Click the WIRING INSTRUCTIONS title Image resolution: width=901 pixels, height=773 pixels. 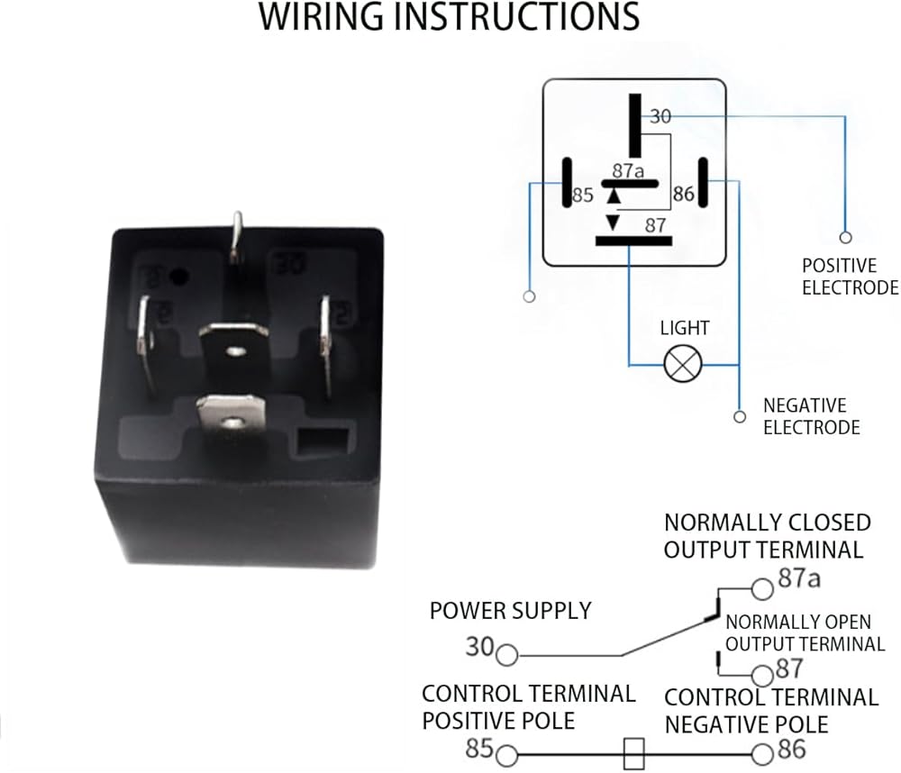450,18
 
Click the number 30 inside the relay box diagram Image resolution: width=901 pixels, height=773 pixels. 661,117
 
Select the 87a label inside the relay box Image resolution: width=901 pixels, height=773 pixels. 629,170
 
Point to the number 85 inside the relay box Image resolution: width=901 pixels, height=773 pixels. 583,194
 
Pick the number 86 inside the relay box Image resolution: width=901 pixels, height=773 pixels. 683,194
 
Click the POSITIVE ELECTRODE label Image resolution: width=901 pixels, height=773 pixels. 850,277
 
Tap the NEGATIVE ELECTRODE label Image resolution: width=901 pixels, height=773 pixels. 812,416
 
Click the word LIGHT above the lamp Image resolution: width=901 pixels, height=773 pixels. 685,329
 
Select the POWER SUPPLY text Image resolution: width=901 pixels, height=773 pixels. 510,611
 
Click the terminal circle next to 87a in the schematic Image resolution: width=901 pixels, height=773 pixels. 763,588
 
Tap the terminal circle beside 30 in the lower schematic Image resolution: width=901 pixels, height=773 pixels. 507,655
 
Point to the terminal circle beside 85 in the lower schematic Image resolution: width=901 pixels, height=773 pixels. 507,755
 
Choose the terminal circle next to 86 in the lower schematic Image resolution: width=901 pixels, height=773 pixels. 764,755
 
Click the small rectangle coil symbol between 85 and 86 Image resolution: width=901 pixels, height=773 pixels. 634,754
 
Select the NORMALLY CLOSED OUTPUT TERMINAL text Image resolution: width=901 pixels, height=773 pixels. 767,536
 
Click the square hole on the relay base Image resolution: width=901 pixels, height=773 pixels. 322,443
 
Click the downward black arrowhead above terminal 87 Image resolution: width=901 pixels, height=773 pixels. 613,222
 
